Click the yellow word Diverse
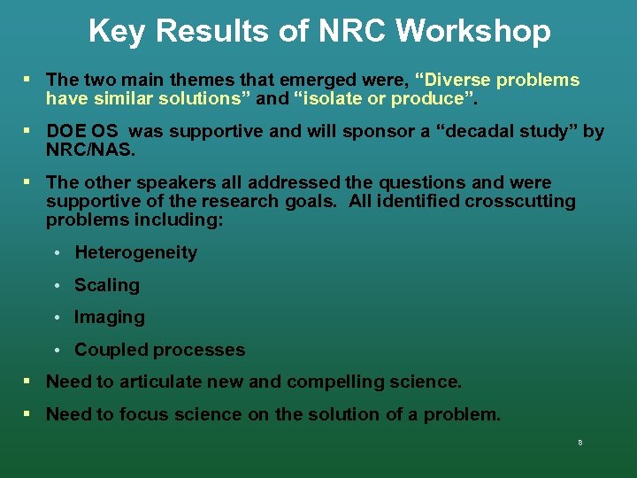(458, 81)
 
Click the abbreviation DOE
(65, 132)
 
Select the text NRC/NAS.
(90, 150)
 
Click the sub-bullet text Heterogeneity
(135, 253)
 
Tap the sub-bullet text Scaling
(107, 285)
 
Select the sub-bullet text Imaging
(109, 317)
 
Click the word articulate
(176, 382)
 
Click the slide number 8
(579, 443)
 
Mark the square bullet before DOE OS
(27, 131)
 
